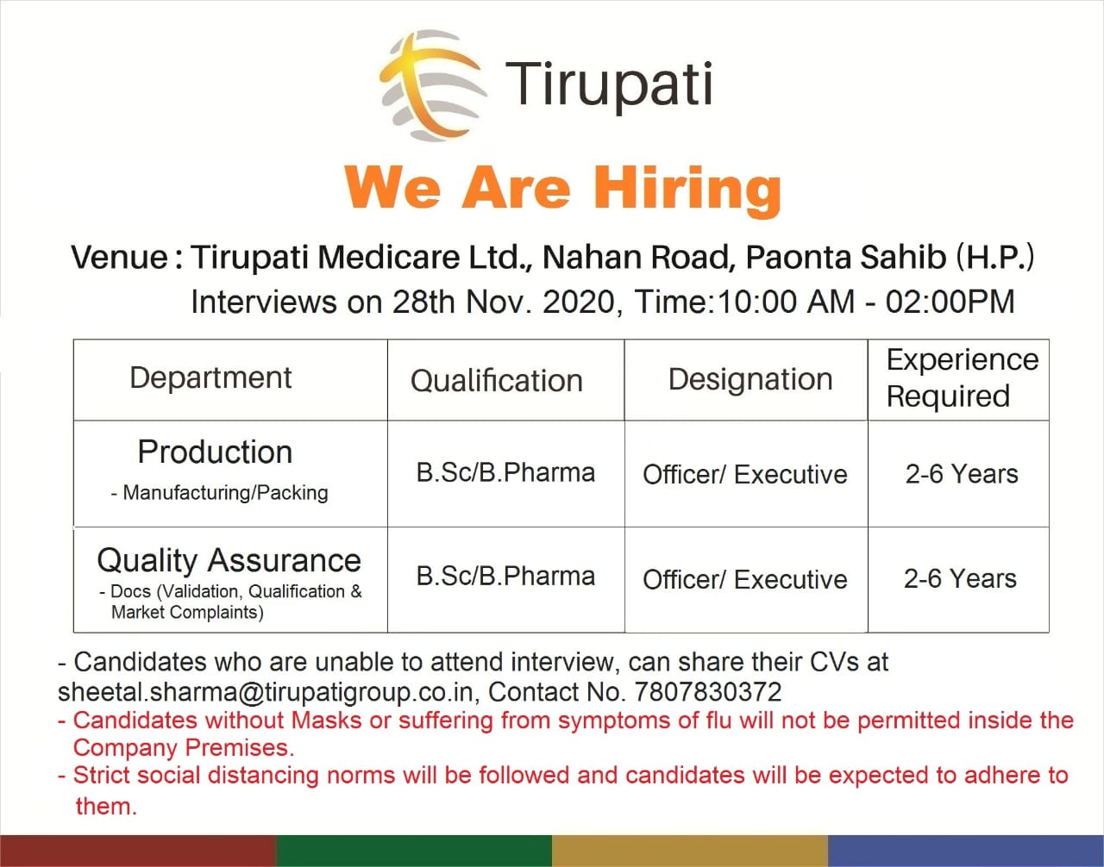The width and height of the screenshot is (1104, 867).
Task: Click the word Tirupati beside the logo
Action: point(609,84)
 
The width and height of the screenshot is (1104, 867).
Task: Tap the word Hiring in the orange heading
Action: point(687,188)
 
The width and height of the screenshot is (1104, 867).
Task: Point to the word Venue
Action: point(120,257)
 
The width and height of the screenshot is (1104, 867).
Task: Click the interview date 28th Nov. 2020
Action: point(504,302)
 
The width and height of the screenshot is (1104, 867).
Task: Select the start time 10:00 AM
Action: point(786,302)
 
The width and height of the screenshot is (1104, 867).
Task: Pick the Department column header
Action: point(210,377)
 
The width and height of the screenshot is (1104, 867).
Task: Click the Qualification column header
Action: point(496,380)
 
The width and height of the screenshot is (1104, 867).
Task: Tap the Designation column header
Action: point(750,379)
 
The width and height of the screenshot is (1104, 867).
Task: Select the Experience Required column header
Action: point(962,377)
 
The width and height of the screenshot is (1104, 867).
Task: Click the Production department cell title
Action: point(215,452)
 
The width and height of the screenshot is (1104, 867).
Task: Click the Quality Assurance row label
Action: point(229,560)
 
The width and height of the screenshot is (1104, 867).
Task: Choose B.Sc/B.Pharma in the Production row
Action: point(505,472)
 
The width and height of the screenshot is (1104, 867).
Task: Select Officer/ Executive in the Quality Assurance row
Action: point(745,579)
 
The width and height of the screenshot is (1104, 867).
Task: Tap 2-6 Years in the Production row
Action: point(962,474)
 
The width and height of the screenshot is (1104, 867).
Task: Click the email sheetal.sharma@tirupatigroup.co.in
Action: point(266,692)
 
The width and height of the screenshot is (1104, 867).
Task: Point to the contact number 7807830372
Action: point(708,692)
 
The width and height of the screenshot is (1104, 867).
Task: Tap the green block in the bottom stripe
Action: point(414,850)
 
